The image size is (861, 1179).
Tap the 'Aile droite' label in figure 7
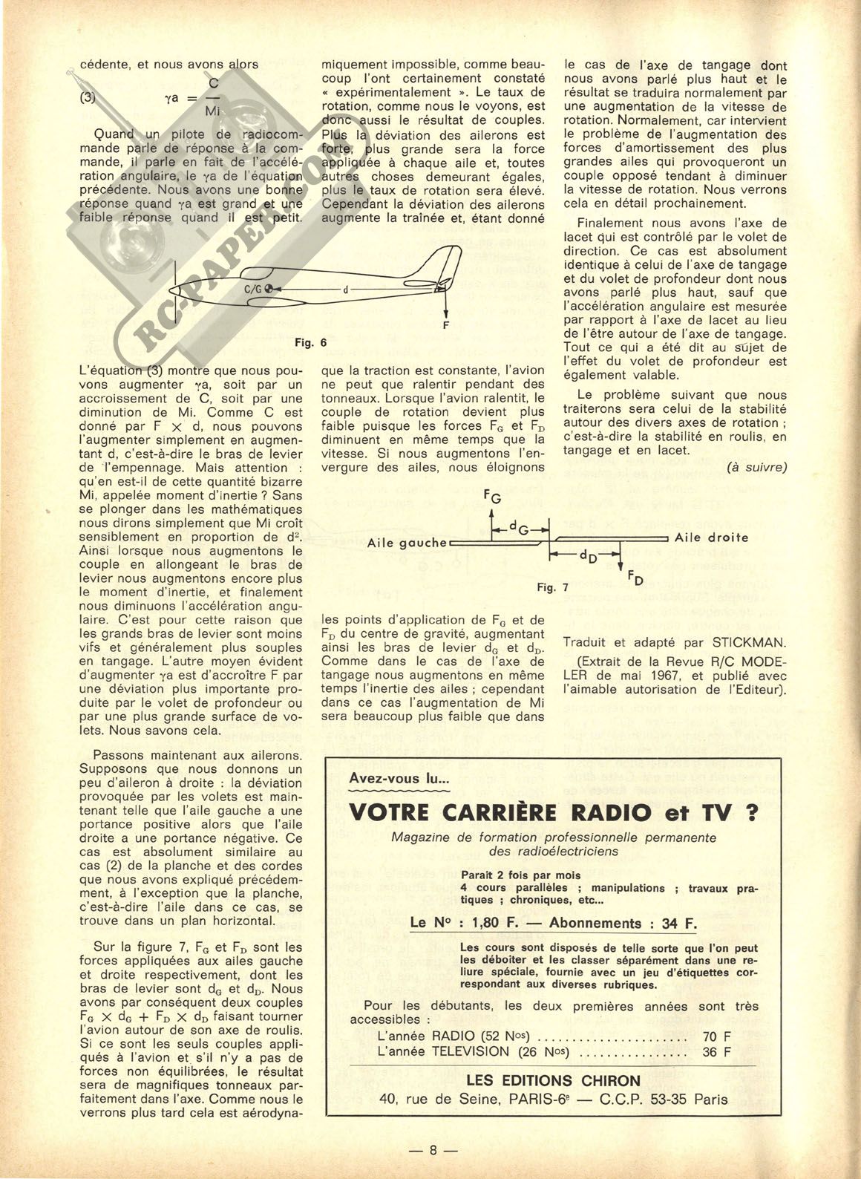[712, 538]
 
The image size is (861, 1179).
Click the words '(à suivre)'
[756, 467]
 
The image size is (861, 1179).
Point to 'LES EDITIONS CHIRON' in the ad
[553, 1080]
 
